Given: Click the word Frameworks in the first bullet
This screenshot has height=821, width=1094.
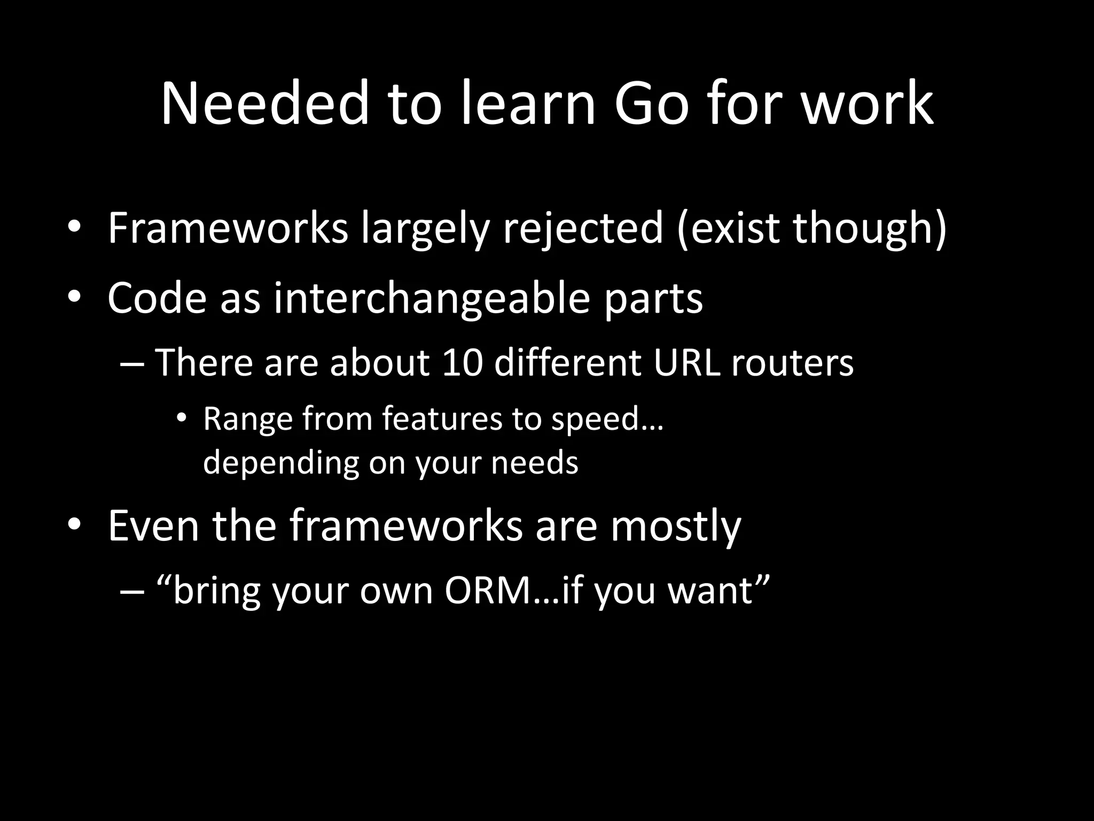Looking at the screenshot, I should pyautogui.click(x=228, y=228).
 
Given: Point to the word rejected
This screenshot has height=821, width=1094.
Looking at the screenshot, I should pyautogui.click(x=583, y=228).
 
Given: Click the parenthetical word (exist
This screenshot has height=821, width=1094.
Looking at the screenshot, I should pyautogui.click(x=728, y=228).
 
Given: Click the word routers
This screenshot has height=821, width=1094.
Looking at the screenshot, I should pyautogui.click(x=792, y=363).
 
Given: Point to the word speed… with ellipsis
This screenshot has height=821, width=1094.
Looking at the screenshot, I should pyautogui.click(x=607, y=420).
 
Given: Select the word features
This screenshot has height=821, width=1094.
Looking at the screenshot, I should pyautogui.click(x=442, y=419).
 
